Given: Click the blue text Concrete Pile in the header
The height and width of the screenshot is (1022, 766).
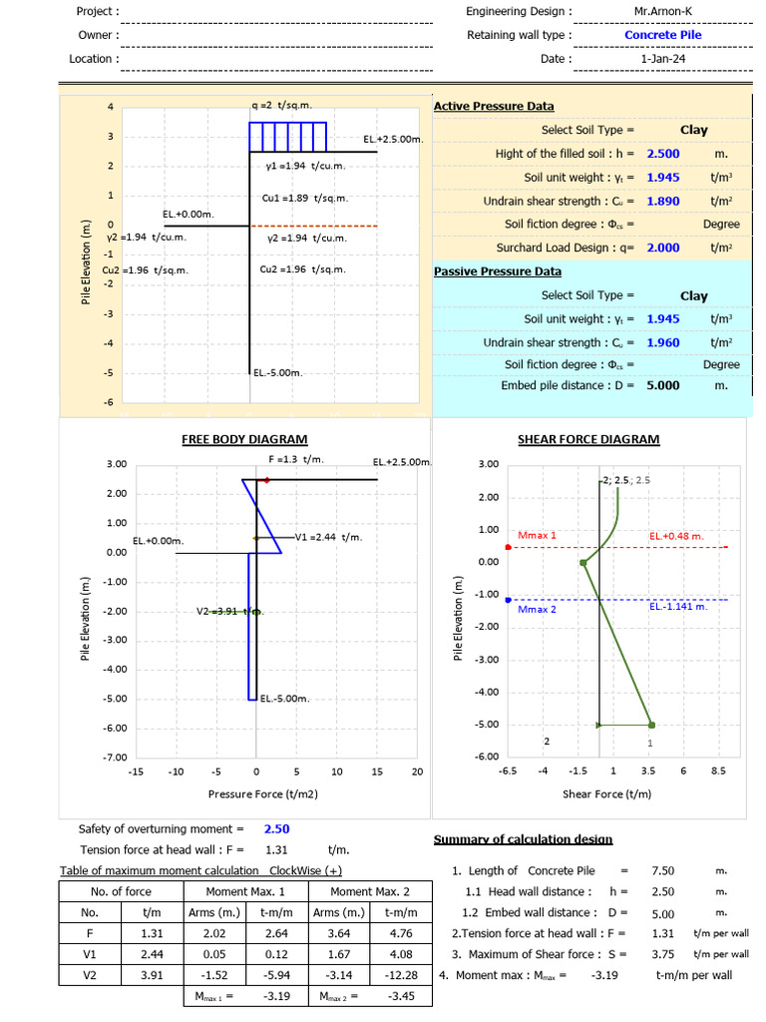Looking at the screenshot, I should point(663,35).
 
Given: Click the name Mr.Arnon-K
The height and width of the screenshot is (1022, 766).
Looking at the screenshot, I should point(663,11).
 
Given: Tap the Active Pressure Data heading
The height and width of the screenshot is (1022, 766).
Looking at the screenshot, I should point(494,106).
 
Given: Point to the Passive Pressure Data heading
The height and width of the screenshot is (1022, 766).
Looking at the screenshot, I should point(498,271).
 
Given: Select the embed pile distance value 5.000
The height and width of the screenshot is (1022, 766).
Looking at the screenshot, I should point(663,385).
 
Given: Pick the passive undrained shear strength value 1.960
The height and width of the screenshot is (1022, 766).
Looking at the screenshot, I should point(663,342).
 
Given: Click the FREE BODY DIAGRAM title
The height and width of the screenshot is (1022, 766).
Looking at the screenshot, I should point(244,439).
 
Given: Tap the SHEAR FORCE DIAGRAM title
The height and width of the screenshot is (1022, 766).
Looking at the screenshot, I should point(588,439).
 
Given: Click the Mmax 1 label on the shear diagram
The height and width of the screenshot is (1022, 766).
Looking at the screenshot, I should point(538,535).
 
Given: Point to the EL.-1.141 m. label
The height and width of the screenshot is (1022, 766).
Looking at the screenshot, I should point(678,606).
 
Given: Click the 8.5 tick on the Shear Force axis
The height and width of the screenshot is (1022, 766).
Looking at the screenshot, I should point(718,770).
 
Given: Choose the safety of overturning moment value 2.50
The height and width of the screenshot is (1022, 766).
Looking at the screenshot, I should point(277,828).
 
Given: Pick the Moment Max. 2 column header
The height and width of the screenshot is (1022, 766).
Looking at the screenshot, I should point(369,891).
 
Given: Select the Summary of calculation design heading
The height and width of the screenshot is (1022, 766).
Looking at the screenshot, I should point(524,839).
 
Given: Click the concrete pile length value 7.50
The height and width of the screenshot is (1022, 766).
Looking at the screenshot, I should point(663,871).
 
